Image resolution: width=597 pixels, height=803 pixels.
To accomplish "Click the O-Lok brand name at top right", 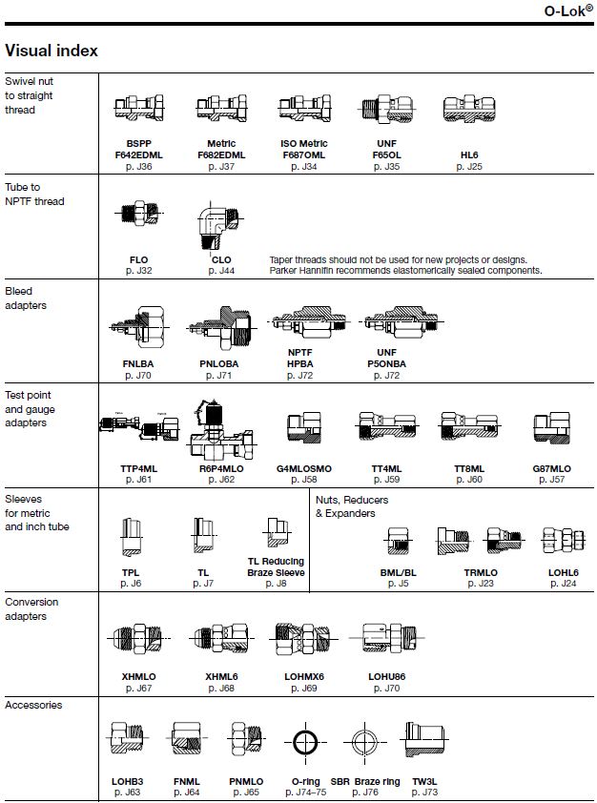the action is pyautogui.click(x=568, y=10).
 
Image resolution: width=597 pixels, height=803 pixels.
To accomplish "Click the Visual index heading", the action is pyautogui.click(x=51, y=51).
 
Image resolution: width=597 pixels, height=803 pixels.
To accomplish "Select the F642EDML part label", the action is pyautogui.click(x=138, y=154).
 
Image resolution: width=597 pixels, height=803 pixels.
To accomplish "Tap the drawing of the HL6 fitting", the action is pyautogui.click(x=469, y=109).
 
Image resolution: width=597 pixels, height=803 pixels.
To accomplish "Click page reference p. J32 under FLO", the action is pyautogui.click(x=138, y=271).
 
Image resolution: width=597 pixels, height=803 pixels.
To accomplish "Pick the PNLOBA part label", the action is pyautogui.click(x=219, y=363).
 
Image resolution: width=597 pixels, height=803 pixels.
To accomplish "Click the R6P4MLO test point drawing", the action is pyautogui.click(x=221, y=430).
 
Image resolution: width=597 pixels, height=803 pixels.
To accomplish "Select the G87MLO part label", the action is pyautogui.click(x=551, y=468).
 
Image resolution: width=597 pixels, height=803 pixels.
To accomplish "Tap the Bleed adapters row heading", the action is pyautogui.click(x=26, y=299).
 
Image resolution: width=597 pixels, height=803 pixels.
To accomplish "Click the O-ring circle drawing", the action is pyautogui.click(x=306, y=742).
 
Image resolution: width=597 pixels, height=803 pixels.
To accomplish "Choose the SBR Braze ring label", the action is pyautogui.click(x=365, y=781).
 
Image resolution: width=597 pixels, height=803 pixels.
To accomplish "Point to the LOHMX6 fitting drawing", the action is pyautogui.click(x=303, y=638).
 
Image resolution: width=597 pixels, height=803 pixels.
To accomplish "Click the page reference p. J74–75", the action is pyautogui.click(x=306, y=793).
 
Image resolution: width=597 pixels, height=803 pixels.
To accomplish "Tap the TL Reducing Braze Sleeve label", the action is pyautogui.click(x=276, y=566).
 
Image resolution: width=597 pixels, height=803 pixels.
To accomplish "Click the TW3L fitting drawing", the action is pyautogui.click(x=424, y=739).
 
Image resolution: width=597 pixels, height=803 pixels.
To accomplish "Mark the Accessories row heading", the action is pyautogui.click(x=33, y=705).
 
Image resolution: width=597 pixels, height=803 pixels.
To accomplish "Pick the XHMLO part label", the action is pyautogui.click(x=138, y=676).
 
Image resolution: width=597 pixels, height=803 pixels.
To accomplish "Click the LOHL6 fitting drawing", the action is pyautogui.click(x=564, y=541).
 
